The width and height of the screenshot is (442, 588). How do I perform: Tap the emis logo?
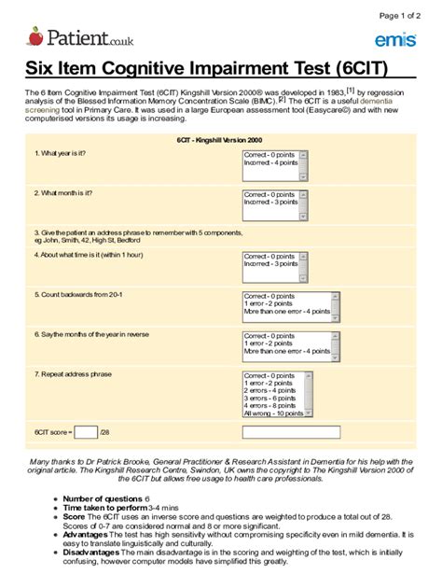(x=394, y=39)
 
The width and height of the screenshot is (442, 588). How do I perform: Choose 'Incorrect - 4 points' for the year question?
(x=271, y=163)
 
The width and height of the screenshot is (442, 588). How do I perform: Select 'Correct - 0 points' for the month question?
(x=269, y=195)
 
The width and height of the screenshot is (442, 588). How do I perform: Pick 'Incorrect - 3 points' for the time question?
(x=271, y=264)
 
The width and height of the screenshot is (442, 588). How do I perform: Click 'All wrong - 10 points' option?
(x=273, y=413)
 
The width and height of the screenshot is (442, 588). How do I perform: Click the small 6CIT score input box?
(x=85, y=432)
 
